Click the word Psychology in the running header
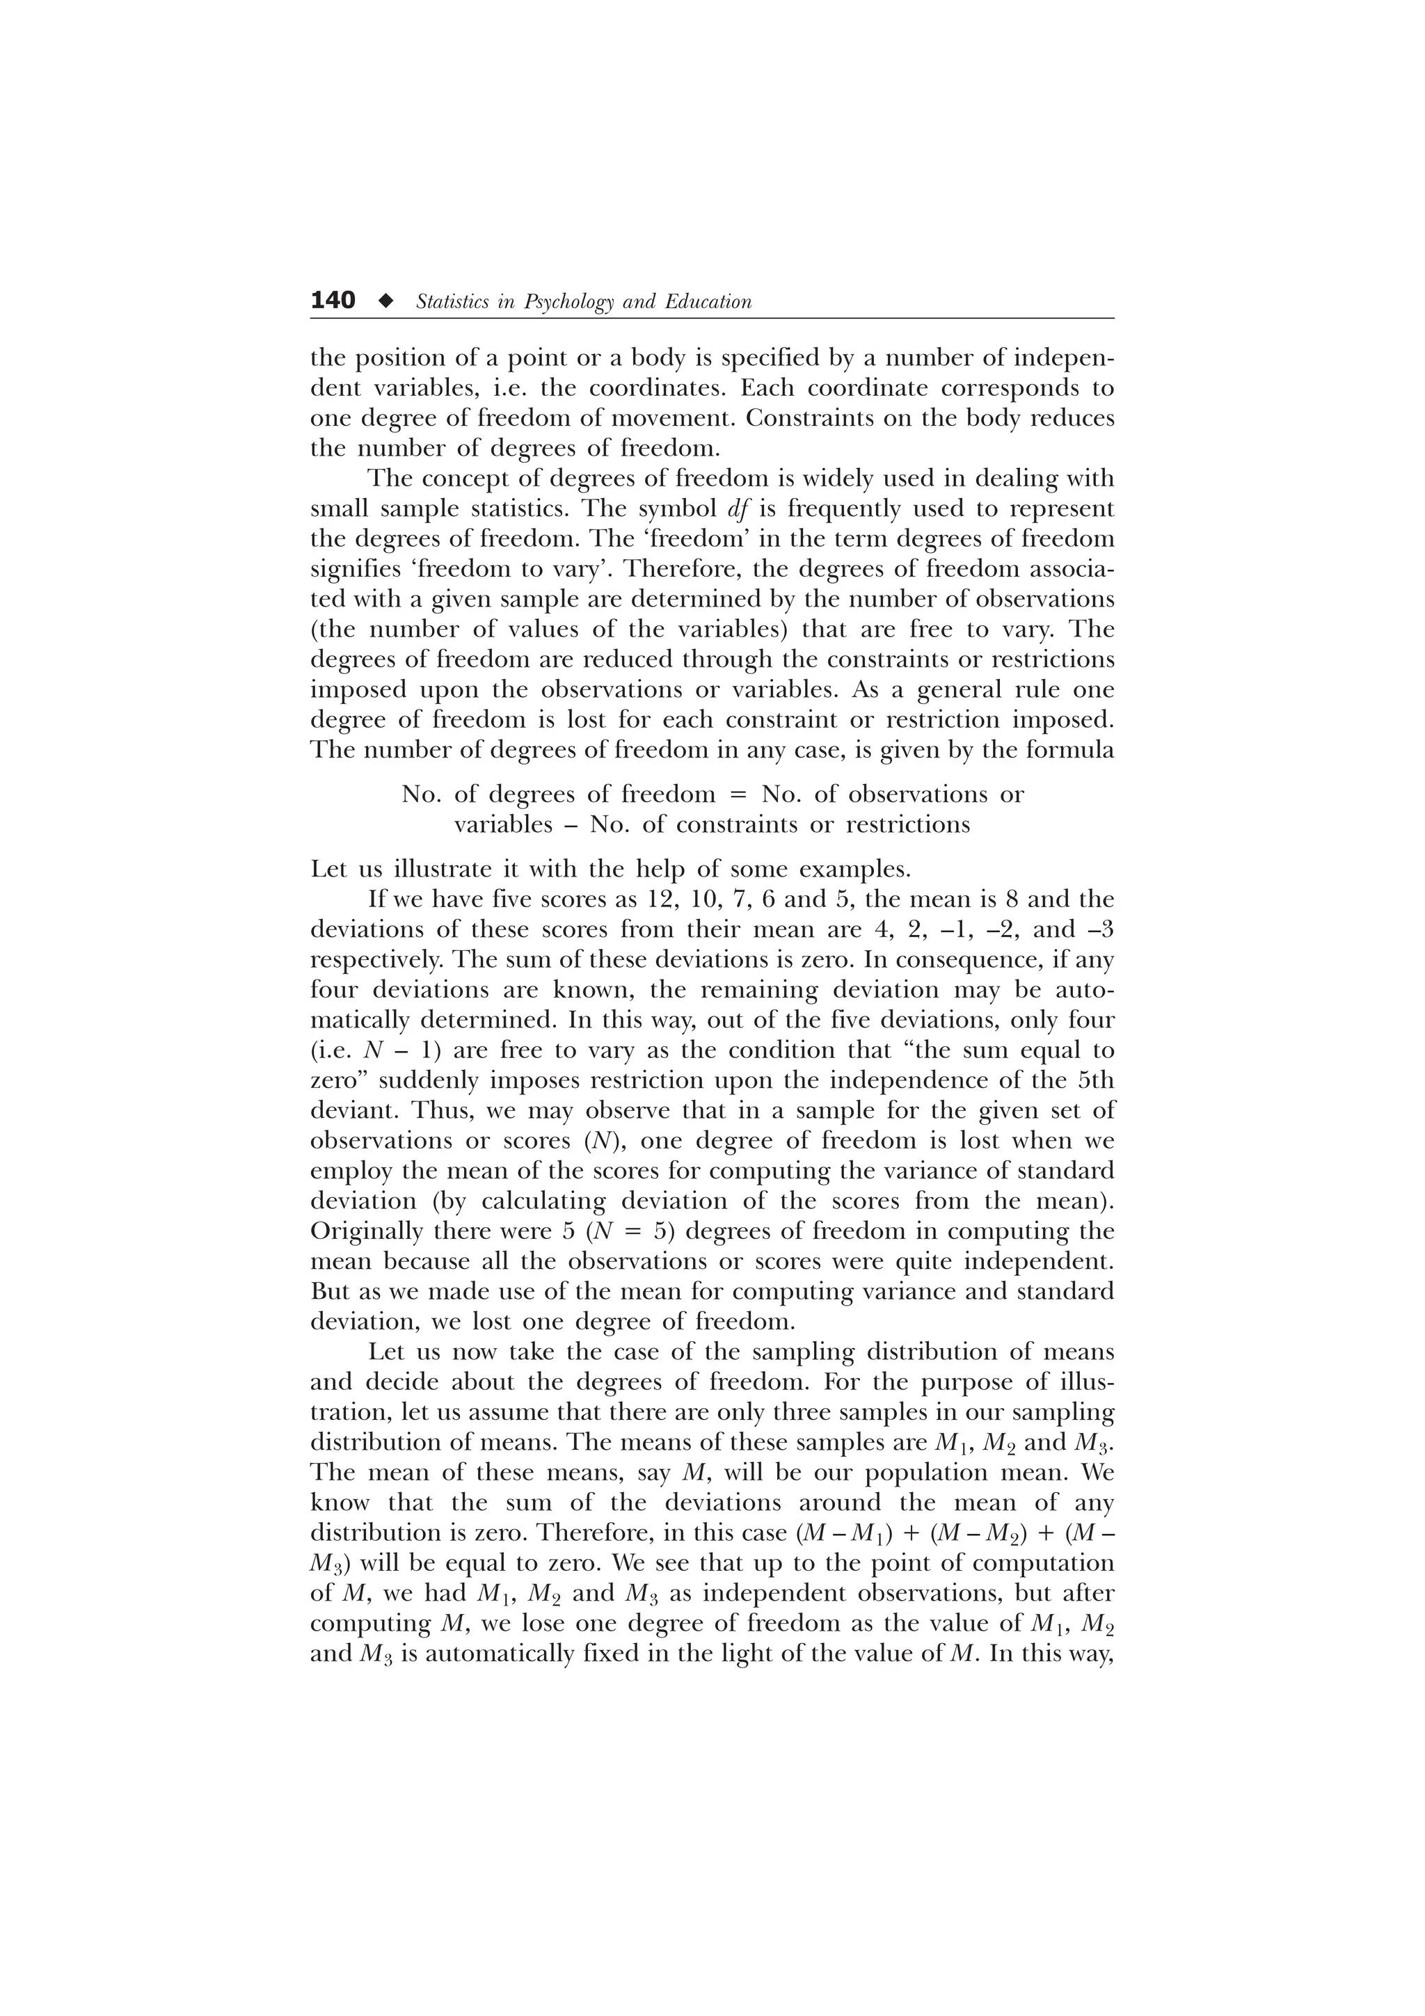pyautogui.click(x=570, y=302)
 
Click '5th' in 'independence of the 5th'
pyautogui.click(x=1095, y=1080)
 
